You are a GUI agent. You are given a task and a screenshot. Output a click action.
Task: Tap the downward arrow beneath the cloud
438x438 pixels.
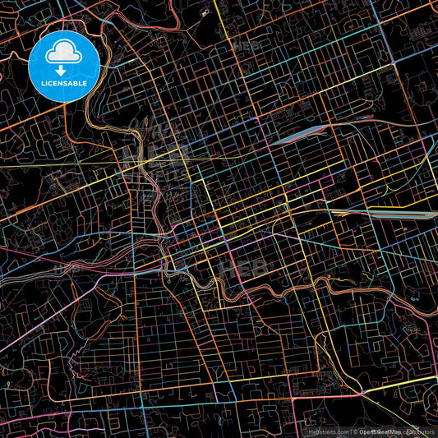point(63,71)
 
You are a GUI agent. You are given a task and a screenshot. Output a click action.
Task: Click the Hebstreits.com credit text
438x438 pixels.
point(325,431)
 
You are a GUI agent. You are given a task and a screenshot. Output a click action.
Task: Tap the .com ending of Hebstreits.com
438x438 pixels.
point(342,431)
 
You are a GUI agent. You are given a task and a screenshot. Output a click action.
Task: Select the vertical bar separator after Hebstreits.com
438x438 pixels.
point(351,431)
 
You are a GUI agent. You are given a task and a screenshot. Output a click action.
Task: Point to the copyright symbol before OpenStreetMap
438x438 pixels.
point(356,431)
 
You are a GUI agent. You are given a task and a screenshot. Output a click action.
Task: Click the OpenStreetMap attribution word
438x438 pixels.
point(379,431)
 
